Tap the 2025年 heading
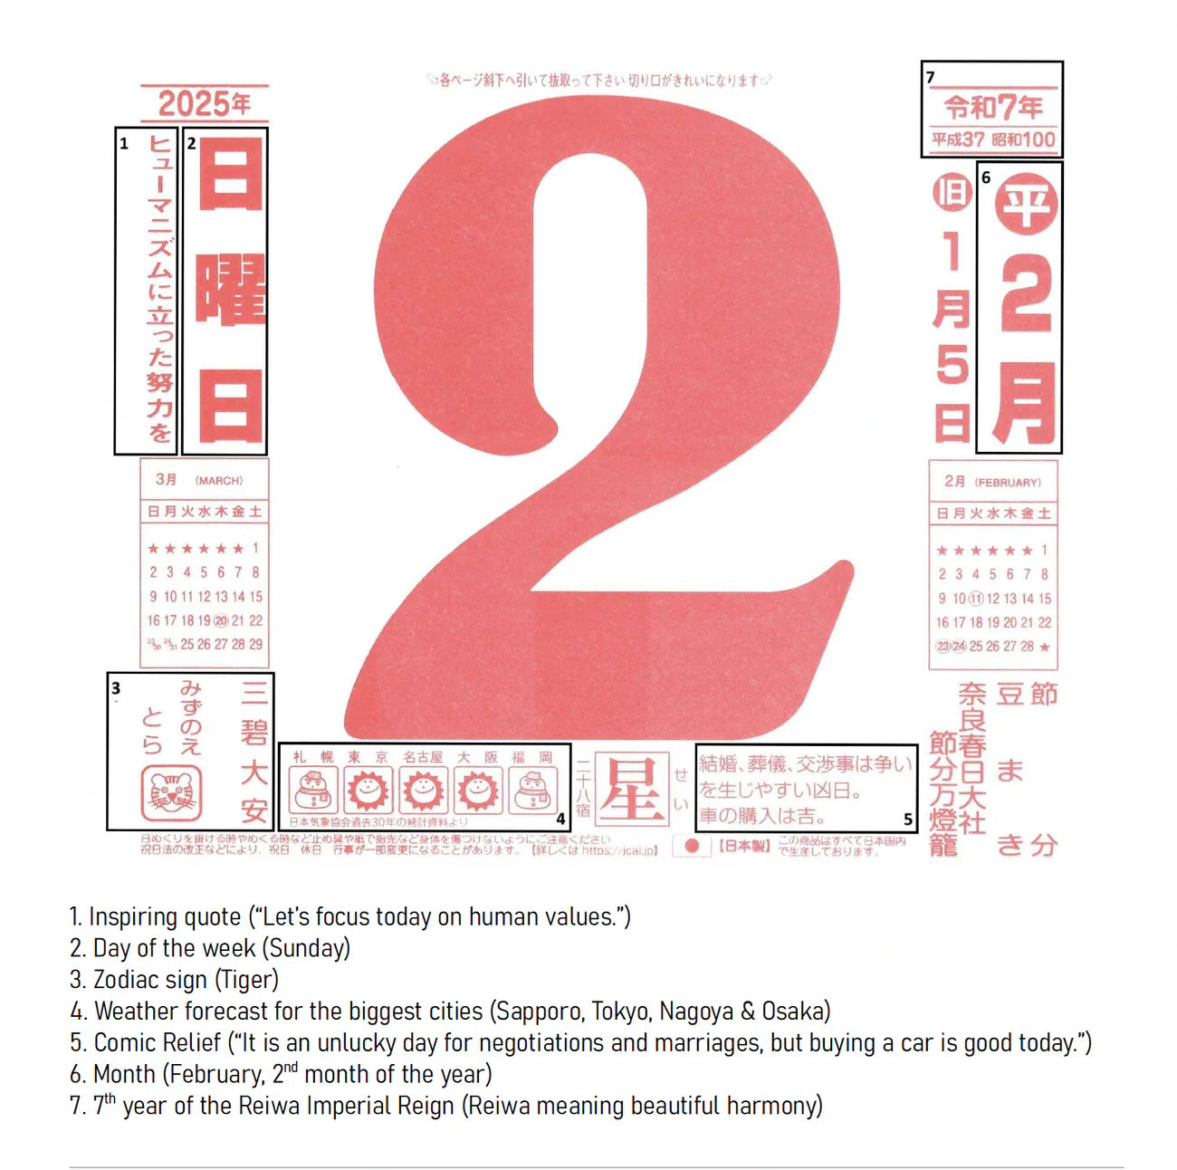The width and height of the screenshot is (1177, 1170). (x=205, y=103)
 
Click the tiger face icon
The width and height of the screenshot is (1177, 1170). (x=171, y=793)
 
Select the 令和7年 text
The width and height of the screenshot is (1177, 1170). (x=993, y=108)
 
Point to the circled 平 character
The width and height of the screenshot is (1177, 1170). (x=1026, y=205)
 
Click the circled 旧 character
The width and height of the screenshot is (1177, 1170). (x=952, y=193)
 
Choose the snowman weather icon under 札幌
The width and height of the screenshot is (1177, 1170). (x=313, y=791)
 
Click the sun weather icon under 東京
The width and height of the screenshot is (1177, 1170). (x=368, y=791)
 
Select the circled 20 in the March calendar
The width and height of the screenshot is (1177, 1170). (x=220, y=621)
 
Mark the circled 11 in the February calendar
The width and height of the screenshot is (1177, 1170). (x=976, y=599)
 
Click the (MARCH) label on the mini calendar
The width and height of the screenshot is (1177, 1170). (x=219, y=481)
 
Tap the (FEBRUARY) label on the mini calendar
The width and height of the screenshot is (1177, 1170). (x=1008, y=483)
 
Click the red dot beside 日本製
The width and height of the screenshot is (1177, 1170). (x=693, y=846)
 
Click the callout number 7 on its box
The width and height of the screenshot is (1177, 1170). (x=931, y=78)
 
